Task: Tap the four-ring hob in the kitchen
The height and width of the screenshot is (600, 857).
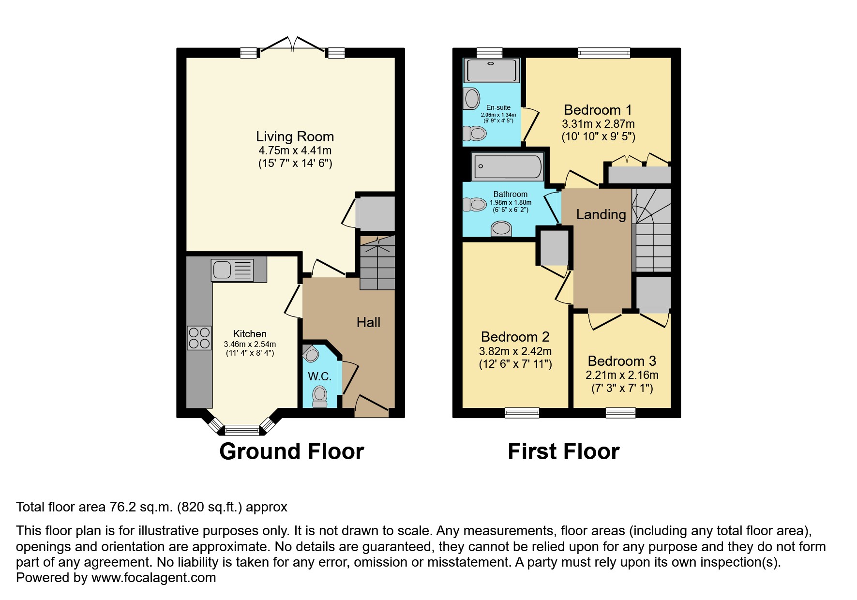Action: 199,338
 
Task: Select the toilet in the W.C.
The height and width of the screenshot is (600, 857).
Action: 319,396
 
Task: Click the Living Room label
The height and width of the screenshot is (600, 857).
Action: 295,136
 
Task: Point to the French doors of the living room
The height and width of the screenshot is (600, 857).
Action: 292,46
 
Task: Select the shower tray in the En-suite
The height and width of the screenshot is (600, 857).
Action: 491,71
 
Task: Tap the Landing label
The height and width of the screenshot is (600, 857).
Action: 601,214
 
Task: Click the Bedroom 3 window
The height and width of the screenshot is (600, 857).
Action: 620,412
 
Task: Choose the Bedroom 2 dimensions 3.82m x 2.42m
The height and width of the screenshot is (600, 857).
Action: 515,351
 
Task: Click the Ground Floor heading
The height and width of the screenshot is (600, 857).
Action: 291,451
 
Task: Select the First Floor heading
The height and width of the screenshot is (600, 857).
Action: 563,451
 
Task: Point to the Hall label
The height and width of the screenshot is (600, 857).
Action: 368,322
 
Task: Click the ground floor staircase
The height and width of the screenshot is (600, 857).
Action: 377,264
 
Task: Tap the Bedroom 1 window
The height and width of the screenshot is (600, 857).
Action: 604,53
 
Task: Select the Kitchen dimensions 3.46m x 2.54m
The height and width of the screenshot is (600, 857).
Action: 250,344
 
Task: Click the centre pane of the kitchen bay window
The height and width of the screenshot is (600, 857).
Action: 242,430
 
